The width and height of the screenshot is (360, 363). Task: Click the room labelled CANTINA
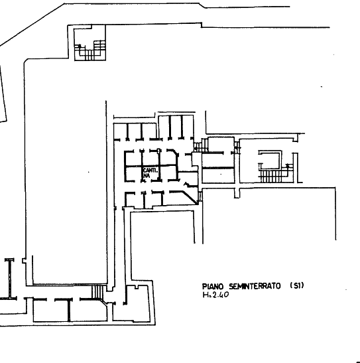150,173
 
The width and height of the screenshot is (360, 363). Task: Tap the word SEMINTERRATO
255,287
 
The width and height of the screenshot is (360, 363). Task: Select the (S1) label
297,285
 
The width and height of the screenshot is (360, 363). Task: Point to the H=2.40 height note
215,295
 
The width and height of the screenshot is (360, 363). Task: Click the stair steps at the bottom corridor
97,292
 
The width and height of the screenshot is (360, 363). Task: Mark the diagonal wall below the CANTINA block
190,197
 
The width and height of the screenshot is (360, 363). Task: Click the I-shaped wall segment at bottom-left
10,279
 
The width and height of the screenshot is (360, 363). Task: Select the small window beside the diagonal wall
200,196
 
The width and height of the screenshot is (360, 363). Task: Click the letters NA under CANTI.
147,176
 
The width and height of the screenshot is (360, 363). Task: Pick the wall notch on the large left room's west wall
25,261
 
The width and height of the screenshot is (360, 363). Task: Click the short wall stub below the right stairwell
237,193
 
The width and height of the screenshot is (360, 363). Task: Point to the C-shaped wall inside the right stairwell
270,160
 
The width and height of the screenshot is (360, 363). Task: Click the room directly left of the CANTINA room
133,173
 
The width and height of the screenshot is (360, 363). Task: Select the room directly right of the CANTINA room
168,173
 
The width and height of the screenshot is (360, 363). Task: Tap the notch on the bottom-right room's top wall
137,287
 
